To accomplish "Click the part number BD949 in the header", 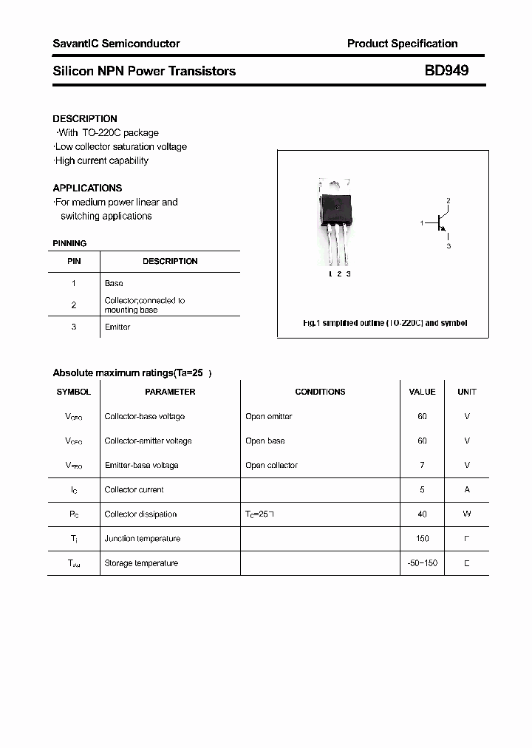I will (x=446, y=71).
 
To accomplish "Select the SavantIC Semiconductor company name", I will (x=116, y=44).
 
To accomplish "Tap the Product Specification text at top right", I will (x=402, y=44).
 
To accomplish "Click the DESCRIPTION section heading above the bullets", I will (x=84, y=118).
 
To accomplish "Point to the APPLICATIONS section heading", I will (x=87, y=188).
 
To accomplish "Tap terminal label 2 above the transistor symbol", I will (x=448, y=201).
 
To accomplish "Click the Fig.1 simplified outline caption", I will (x=385, y=323).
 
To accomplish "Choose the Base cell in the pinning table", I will (x=114, y=283).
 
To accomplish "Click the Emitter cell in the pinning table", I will (x=117, y=327).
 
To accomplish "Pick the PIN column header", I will (x=74, y=261).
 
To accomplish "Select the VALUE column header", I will (x=422, y=392).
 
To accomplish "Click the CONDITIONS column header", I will (x=320, y=392).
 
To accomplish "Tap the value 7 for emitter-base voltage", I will (x=422, y=465).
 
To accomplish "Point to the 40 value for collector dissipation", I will (x=422, y=514).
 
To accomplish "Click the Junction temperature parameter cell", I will (x=142, y=538).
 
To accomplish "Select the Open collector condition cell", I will (x=271, y=465).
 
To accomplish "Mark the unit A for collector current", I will (x=466, y=489).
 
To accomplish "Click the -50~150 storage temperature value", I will (x=422, y=562).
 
